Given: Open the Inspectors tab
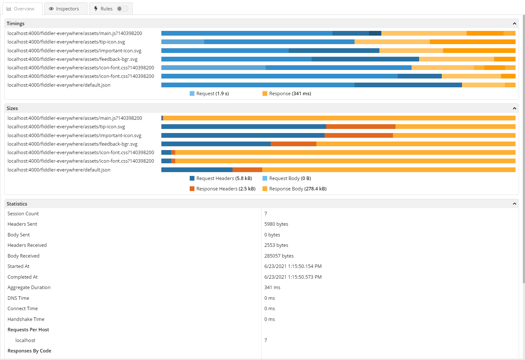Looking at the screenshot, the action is point(66,9).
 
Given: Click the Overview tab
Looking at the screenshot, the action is point(22,9).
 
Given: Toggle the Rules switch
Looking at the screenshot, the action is point(122,9).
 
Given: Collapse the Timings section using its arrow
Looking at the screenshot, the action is point(515,23).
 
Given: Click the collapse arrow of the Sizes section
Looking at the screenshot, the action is point(515,108).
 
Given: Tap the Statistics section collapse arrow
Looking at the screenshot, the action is point(515,204).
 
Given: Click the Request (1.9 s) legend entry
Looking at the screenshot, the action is point(209,94).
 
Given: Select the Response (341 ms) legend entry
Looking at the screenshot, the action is point(287,94).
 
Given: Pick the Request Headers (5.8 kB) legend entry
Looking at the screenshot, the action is point(221,178).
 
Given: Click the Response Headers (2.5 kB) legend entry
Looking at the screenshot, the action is point(223,189).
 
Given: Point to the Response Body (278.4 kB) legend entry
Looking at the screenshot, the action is point(295,189).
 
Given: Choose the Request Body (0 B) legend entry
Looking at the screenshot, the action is point(287,178).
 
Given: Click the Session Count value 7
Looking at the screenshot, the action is point(266,214).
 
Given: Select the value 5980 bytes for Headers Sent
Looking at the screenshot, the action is point(276,224).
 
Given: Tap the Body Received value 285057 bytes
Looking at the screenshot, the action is point(279,256).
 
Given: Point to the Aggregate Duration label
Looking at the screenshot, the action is point(29,287).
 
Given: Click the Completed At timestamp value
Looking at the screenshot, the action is point(293,277).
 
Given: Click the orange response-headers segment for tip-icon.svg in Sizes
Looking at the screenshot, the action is point(361,127).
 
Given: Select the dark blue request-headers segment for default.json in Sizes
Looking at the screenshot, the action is point(197,170).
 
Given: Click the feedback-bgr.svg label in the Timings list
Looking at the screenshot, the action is point(72,59).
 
